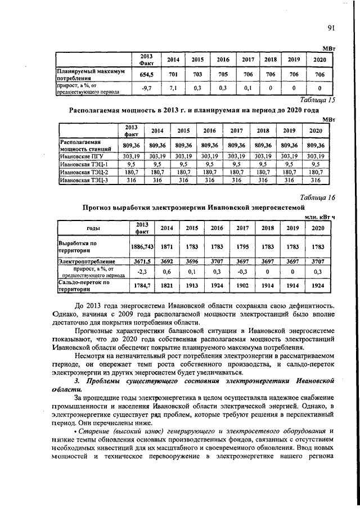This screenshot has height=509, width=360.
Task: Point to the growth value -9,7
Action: tap(146, 88)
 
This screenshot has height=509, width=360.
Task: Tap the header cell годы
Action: tap(93, 228)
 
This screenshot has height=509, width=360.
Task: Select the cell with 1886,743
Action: tap(142, 247)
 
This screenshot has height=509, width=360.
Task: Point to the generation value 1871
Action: tap(167, 247)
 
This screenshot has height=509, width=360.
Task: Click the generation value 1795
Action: tap(242, 247)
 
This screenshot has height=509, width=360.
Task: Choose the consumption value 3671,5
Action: tap(142, 262)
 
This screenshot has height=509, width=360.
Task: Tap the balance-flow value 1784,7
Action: tap(142, 286)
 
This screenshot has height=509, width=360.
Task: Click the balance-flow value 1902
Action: tap(242, 286)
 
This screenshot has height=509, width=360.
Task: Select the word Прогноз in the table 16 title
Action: tap(99, 208)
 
